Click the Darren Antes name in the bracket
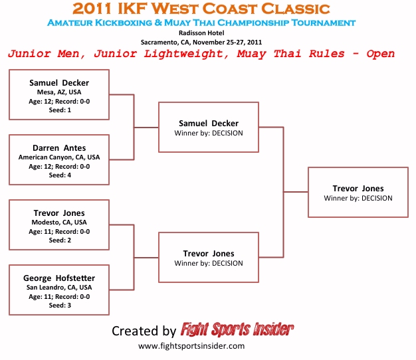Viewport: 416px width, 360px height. pyautogui.click(x=59, y=147)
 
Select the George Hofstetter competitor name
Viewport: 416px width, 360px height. pyautogui.click(x=59, y=277)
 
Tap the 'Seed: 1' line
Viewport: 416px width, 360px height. pyautogui.click(x=59, y=110)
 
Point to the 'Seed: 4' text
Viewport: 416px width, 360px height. pyautogui.click(x=59, y=175)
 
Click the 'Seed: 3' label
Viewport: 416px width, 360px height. pyautogui.click(x=59, y=306)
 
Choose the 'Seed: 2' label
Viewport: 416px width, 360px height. pyautogui.click(x=59, y=240)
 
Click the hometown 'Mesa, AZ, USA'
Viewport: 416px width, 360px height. pyautogui.click(x=59, y=92)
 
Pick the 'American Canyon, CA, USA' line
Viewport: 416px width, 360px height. pyautogui.click(x=59, y=157)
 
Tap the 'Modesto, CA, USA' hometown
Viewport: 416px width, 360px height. pyautogui.click(x=59, y=223)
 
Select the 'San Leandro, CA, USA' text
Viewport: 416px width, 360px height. pyautogui.click(x=59, y=287)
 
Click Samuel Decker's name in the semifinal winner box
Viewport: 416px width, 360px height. pyautogui.click(x=209, y=123)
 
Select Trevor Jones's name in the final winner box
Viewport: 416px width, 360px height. pyautogui.click(x=358, y=188)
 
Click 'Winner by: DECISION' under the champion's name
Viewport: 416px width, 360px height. pyautogui.click(x=358, y=198)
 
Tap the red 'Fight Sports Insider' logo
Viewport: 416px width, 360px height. pyautogui.click(x=237, y=330)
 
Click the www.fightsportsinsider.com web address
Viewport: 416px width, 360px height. pyautogui.click(x=191, y=346)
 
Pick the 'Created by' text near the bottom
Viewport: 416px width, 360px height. pyautogui.click(x=144, y=331)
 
